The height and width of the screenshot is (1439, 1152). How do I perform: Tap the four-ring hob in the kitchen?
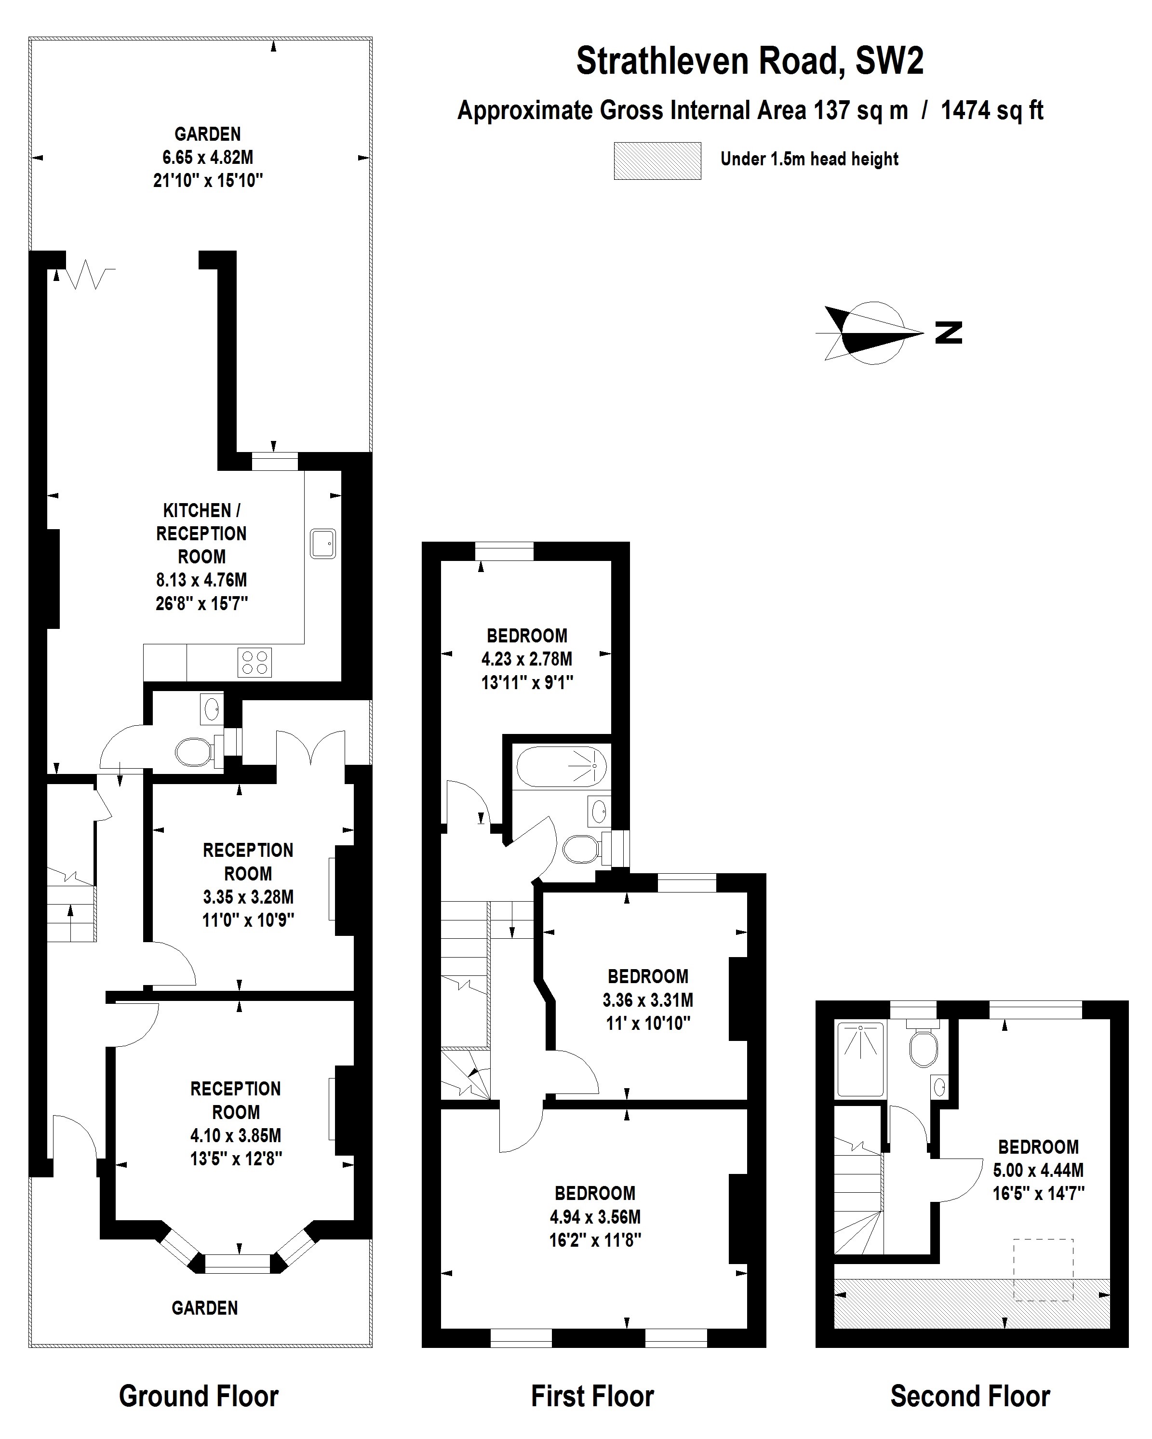[255, 662]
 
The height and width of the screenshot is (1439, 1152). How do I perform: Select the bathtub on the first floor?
[562, 767]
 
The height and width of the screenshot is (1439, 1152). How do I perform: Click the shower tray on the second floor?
[860, 1059]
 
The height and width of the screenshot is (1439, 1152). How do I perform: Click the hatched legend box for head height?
[657, 161]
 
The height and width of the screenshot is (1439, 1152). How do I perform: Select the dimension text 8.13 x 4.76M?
[201, 580]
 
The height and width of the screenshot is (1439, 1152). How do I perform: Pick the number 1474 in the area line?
[964, 110]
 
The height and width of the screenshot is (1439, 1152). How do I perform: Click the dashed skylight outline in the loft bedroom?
[1043, 1269]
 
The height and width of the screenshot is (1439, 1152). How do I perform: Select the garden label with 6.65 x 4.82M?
[208, 158]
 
